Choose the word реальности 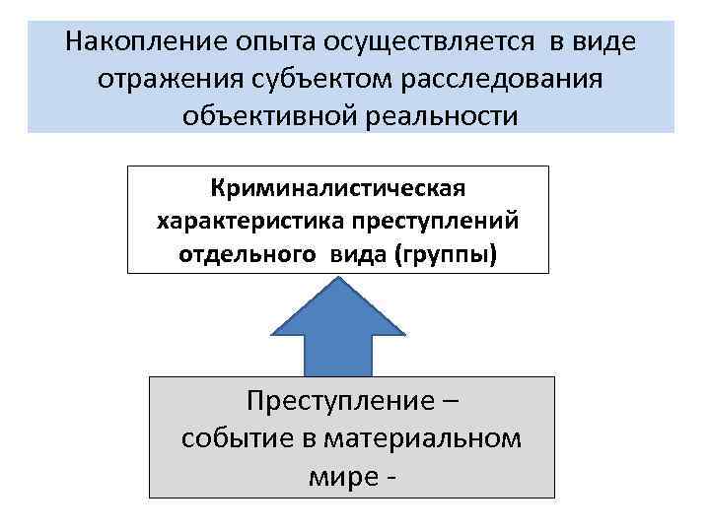point(443,117)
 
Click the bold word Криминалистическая point(337,187)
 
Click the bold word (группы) point(446,254)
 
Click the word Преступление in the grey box point(333,402)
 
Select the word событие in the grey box point(226,438)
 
